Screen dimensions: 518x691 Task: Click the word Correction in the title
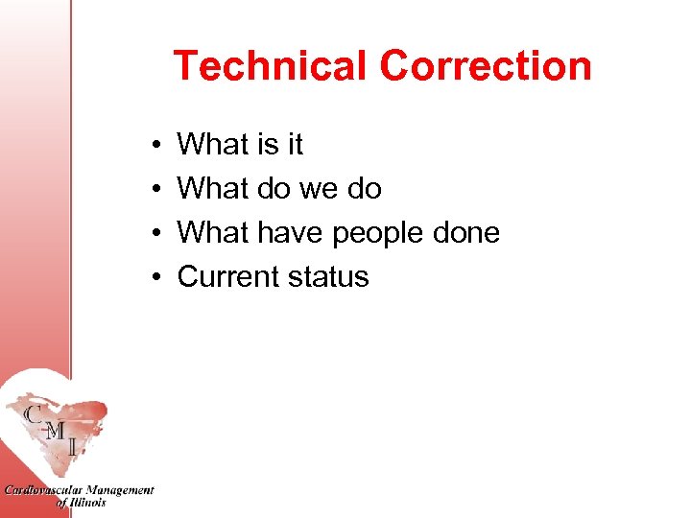(485, 67)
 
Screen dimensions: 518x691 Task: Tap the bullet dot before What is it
(155, 146)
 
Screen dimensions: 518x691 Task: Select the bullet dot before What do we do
(155, 190)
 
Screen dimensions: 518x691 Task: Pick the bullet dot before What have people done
(155, 234)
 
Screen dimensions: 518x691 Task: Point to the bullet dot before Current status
(155, 278)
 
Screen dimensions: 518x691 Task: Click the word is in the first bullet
(268, 145)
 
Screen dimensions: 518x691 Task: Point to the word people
(380, 234)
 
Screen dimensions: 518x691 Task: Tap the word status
(330, 277)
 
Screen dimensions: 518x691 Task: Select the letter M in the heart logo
(56, 432)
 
